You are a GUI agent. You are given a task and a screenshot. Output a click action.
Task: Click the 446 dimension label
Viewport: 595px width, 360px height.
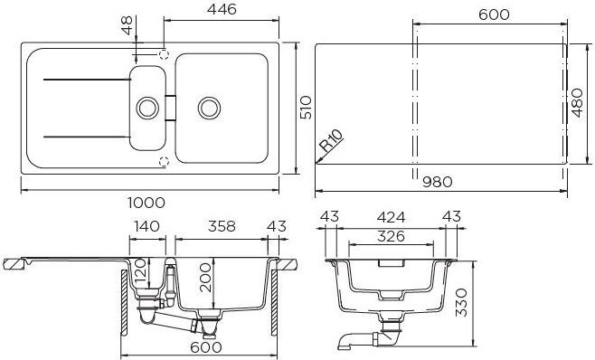click(222, 9)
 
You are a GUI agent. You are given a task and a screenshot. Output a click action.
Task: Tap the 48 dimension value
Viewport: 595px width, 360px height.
click(127, 25)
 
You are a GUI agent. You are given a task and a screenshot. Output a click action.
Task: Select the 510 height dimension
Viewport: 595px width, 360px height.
click(306, 108)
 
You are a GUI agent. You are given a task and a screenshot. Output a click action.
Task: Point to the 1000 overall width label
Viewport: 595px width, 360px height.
click(146, 203)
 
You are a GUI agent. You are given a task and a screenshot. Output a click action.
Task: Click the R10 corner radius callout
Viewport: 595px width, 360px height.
click(331, 140)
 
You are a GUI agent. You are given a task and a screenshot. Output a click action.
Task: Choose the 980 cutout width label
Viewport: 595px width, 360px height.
click(438, 183)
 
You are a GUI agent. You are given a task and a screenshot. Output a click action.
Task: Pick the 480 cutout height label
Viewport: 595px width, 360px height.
click(577, 103)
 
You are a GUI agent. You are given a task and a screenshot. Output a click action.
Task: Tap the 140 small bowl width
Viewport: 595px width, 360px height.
click(146, 226)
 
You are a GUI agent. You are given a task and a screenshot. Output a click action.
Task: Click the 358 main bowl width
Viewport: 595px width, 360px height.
click(222, 226)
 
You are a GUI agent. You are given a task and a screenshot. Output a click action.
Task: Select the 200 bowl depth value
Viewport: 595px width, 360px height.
click(205, 278)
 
